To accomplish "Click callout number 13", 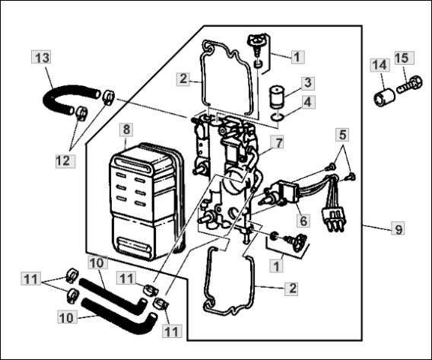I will pyautogui.click(x=43, y=58).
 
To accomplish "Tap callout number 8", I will pyautogui.click(x=126, y=129).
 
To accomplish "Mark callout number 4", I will pyautogui.click(x=306, y=100).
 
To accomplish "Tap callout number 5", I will pyautogui.click(x=344, y=135).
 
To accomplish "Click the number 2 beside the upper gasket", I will pyautogui.click(x=182, y=78).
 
